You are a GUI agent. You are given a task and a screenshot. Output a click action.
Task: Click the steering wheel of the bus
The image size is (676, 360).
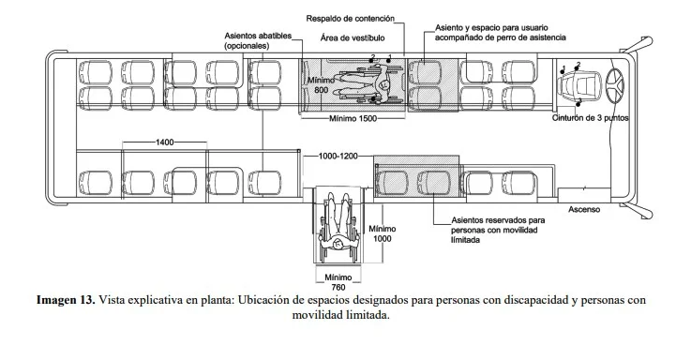[614, 84]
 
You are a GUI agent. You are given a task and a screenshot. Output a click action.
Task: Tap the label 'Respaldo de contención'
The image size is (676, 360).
[350, 19]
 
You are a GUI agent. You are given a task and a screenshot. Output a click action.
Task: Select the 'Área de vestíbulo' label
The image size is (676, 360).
[353, 37]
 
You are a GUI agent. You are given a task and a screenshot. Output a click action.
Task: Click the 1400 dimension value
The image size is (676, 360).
[165, 142]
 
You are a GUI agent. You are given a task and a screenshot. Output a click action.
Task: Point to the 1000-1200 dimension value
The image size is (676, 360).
[338, 156]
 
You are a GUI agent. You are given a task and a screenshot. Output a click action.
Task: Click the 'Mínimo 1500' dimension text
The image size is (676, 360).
[353, 118]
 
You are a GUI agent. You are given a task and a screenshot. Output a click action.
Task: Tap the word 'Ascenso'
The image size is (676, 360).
[584, 210]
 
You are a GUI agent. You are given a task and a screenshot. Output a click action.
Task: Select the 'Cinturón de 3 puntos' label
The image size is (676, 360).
[590, 118]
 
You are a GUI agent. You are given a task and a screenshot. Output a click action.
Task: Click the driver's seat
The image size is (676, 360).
[579, 84]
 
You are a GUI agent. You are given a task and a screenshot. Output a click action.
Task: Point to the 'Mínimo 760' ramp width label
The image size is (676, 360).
[338, 282]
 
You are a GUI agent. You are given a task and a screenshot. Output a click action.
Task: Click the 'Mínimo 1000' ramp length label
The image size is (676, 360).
[382, 233]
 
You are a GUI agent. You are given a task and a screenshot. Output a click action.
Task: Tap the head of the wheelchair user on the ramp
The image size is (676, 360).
[338, 244]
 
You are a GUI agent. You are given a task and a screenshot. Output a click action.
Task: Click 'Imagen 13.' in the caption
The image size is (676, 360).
[66, 300]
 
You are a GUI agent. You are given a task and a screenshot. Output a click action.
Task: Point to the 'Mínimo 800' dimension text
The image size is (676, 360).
[322, 85]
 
